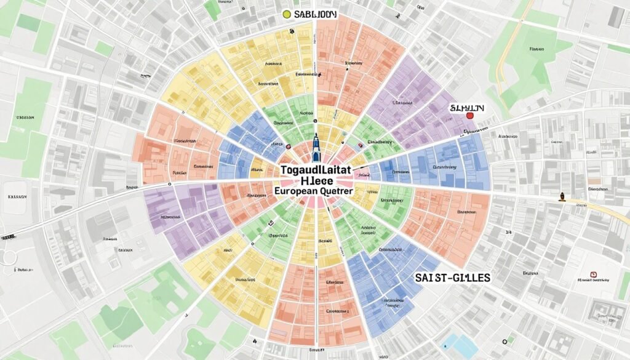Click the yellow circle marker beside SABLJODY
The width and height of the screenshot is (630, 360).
(285, 14)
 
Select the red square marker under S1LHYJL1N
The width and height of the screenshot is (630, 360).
(469, 116)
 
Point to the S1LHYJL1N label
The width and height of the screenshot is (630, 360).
(467, 107)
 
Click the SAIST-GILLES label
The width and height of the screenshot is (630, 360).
(452, 278)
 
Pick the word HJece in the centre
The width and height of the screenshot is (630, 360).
(316, 180)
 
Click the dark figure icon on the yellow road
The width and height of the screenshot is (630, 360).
(561, 198)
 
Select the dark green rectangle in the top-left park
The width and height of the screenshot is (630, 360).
(28, 22)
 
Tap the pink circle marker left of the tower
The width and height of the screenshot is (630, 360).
(287, 146)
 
